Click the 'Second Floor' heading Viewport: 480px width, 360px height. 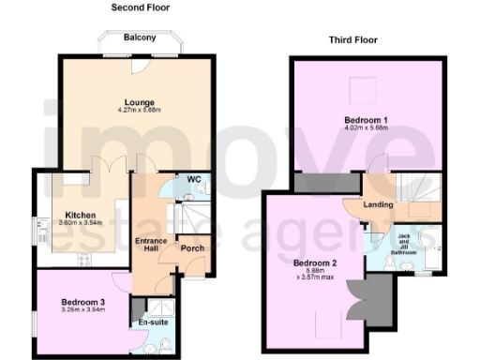[x=140, y=8]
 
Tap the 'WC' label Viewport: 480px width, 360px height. [x=194, y=178]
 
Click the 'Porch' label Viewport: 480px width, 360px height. [x=192, y=248]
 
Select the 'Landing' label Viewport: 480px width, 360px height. [x=379, y=204]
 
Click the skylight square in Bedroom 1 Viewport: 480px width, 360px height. [x=357, y=91]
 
